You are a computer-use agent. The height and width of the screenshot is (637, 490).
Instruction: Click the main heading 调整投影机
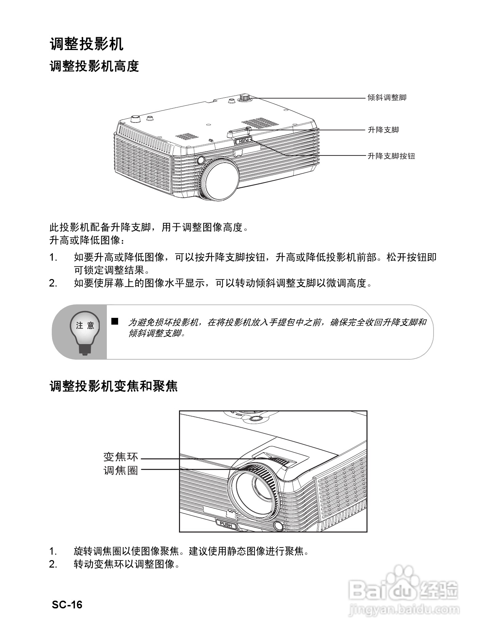tap(86, 44)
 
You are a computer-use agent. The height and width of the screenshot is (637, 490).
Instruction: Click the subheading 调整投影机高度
tap(94, 66)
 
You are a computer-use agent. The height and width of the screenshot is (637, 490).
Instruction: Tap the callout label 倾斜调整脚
tap(387, 98)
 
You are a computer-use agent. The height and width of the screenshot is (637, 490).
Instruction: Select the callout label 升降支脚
tap(383, 130)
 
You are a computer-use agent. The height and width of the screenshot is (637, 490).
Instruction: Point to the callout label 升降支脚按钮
tap(391, 156)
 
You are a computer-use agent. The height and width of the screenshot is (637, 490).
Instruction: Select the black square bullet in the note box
tap(115, 321)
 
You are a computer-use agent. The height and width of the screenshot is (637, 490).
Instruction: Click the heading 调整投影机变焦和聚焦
tap(114, 386)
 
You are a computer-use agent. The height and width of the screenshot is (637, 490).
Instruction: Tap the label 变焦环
tap(121, 456)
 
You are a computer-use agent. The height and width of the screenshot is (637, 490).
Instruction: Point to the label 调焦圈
tap(121, 471)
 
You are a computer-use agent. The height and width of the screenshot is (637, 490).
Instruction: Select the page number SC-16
tap(67, 604)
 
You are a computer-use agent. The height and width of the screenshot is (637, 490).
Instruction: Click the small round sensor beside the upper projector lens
tap(200, 160)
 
